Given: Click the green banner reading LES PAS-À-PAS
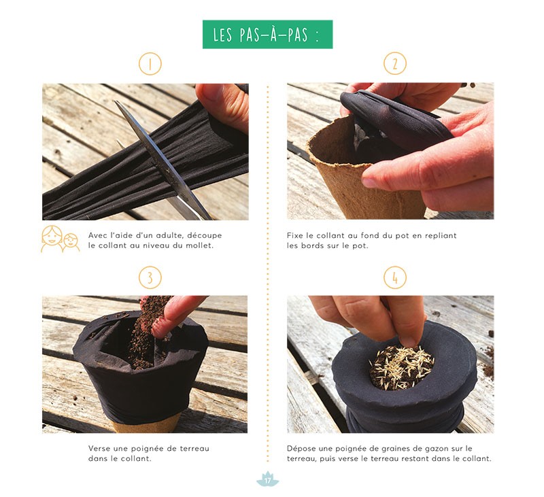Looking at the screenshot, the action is click(x=267, y=35).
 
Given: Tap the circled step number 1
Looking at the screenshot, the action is click(x=150, y=64).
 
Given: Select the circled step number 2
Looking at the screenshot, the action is click(x=395, y=63).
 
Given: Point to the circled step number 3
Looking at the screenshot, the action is click(x=150, y=277).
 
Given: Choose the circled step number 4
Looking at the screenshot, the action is click(x=395, y=277).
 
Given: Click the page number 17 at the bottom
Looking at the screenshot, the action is click(x=267, y=481).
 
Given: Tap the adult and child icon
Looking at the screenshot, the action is click(x=60, y=239).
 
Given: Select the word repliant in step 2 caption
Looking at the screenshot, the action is click(x=440, y=236).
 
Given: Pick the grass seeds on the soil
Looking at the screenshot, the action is click(x=401, y=367).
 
